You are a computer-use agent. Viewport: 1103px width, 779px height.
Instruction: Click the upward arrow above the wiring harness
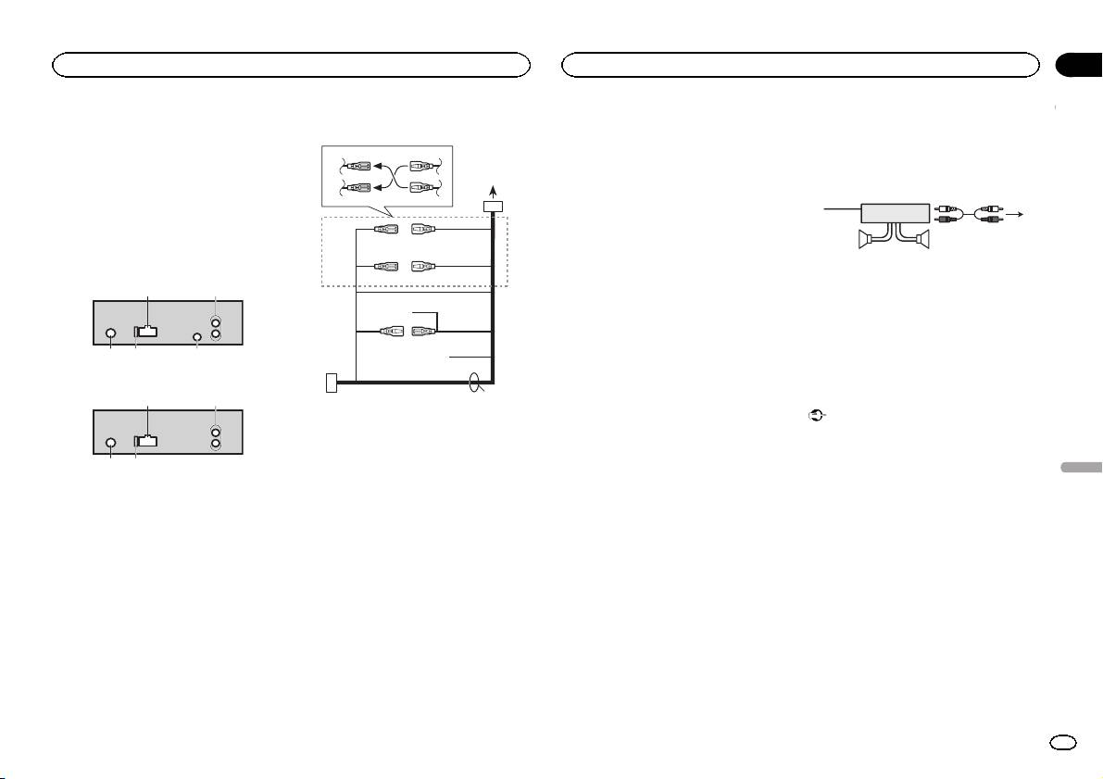point(493,188)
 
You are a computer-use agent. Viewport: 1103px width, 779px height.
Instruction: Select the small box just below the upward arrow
point(493,206)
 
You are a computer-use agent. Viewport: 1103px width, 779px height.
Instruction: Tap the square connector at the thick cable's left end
point(332,382)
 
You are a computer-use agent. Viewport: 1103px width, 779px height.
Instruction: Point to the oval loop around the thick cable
point(476,382)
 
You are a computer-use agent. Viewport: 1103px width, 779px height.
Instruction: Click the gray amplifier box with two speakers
point(895,212)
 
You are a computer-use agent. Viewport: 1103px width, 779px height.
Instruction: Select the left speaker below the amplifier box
point(867,243)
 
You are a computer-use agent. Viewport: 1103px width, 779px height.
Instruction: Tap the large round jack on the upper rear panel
point(111,334)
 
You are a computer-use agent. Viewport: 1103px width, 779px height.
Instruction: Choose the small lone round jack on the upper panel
point(197,337)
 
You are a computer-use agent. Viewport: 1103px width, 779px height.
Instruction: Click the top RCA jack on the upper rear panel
point(216,324)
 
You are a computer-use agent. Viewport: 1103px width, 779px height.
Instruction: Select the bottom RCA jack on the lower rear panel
point(216,445)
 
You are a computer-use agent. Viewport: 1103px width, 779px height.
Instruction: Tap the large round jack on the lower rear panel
point(111,442)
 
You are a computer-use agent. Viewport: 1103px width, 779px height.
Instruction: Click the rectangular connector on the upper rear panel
point(146,332)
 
